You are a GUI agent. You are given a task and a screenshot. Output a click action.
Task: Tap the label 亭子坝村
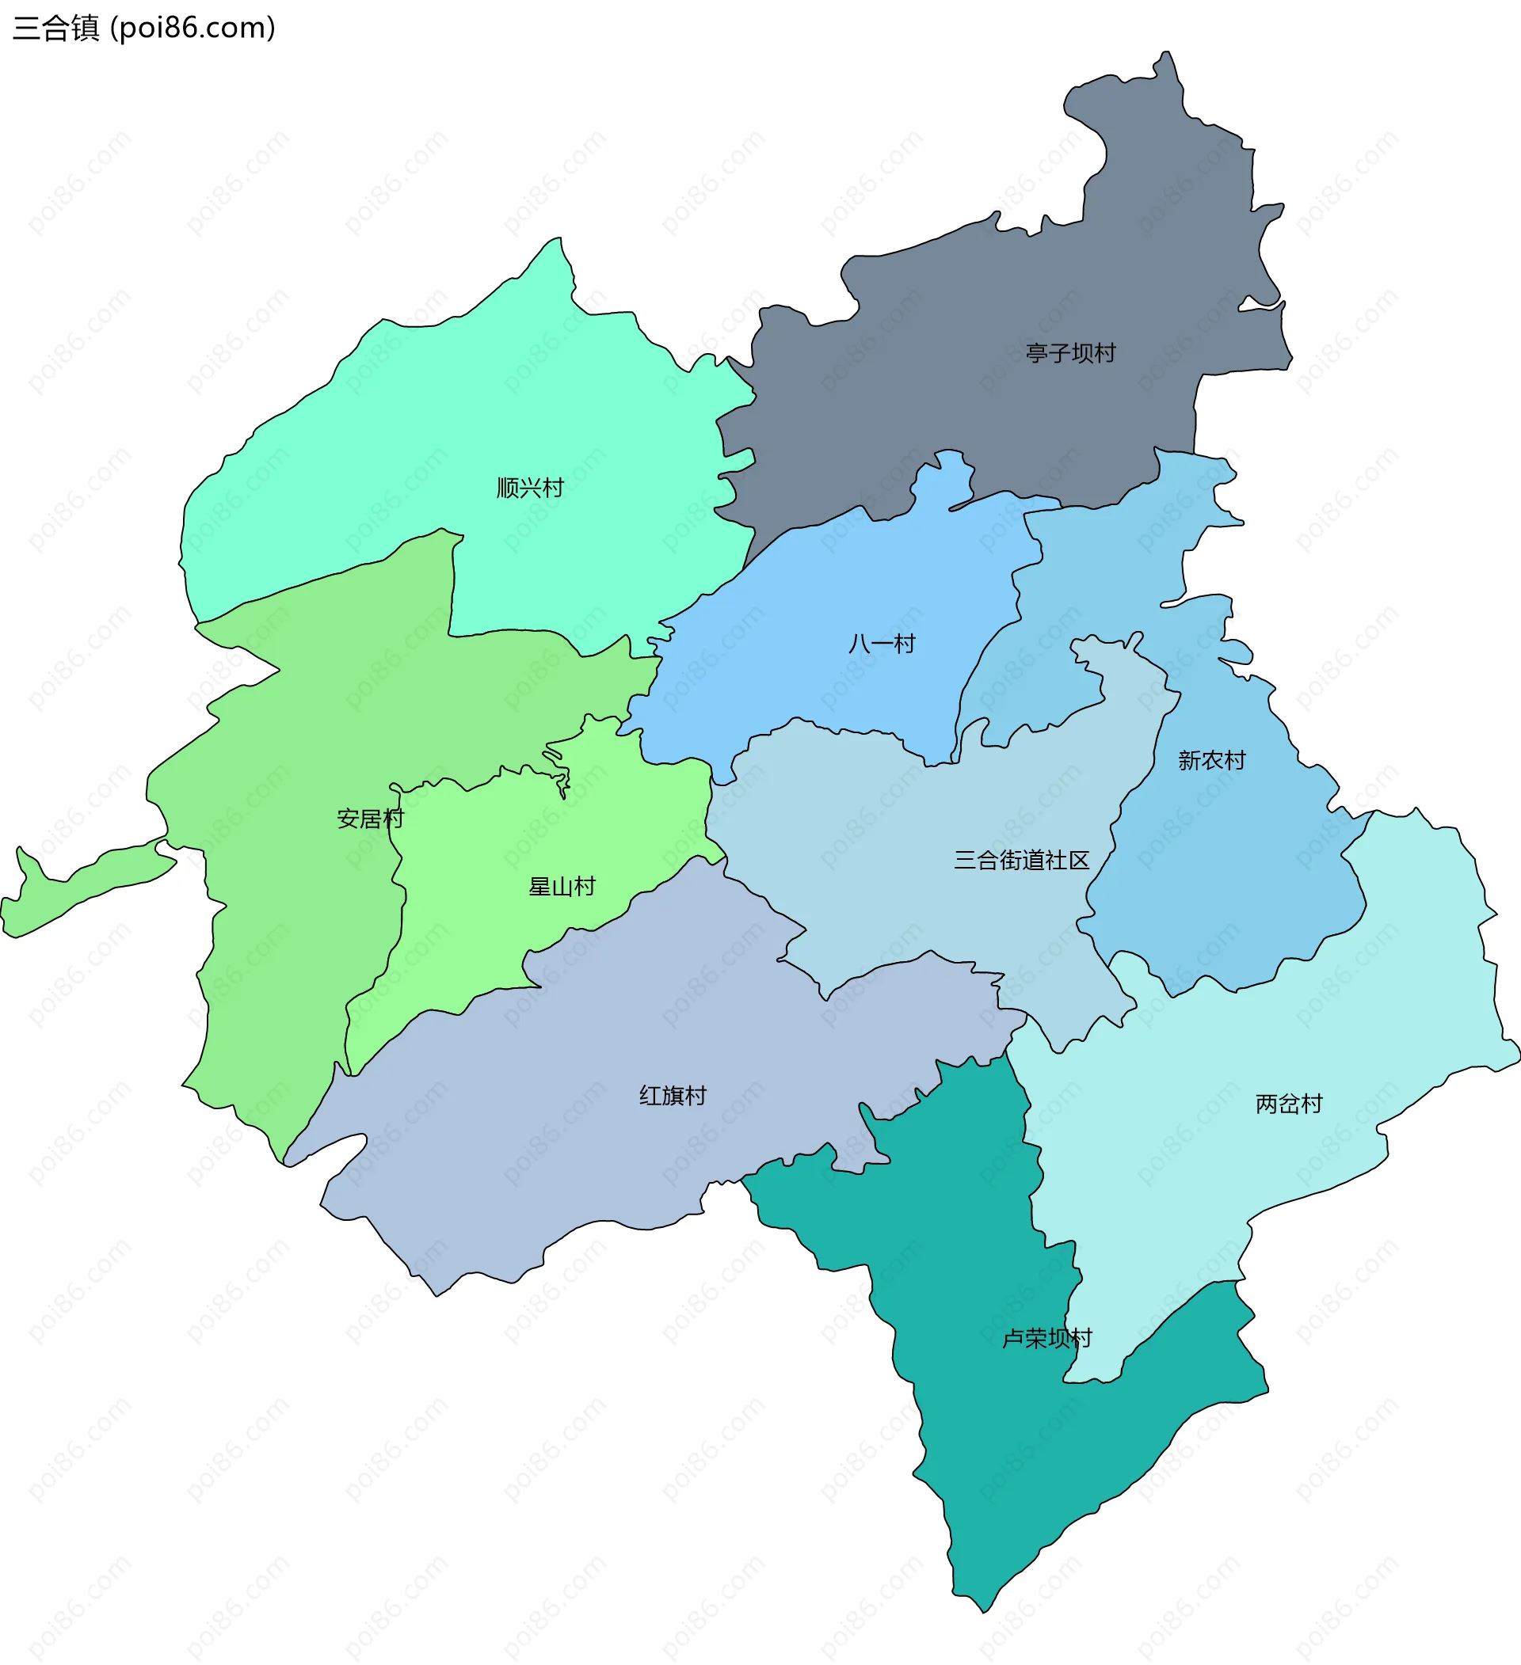(x=1070, y=353)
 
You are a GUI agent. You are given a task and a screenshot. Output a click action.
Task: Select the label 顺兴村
(x=530, y=488)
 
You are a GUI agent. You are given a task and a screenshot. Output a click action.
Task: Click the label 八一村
(x=882, y=644)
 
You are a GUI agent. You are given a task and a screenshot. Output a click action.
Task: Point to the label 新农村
(x=1211, y=760)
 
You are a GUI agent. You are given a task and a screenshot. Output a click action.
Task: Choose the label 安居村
(x=370, y=819)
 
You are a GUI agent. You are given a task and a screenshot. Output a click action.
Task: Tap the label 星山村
(x=562, y=886)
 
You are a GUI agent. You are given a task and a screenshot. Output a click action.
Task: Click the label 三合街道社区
(x=1021, y=860)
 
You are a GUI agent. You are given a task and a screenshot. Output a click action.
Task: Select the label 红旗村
(x=673, y=1095)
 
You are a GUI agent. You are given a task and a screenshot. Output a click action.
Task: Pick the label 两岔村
(x=1288, y=1104)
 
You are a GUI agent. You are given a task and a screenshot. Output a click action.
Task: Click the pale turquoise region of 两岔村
(x=1363, y=991)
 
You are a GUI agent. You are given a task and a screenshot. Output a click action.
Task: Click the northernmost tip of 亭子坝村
(x=1167, y=55)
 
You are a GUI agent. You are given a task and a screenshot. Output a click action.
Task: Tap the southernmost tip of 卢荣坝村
(x=983, y=1610)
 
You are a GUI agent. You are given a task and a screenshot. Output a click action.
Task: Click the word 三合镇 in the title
(x=56, y=28)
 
